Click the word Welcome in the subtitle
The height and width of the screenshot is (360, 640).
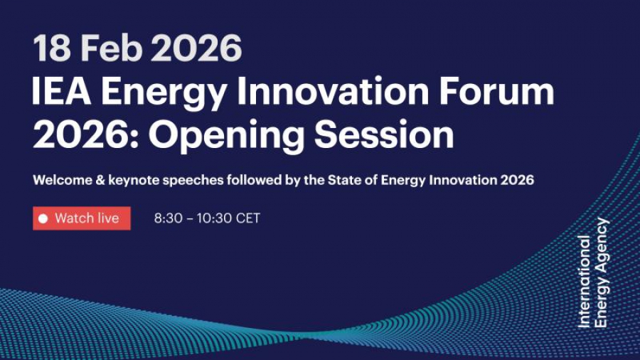(60, 180)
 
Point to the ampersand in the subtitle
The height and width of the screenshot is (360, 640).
(99, 180)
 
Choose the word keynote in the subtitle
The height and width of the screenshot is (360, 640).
(134, 181)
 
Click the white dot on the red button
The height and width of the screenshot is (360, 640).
(43, 218)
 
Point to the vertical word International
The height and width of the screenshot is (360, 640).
(585, 281)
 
